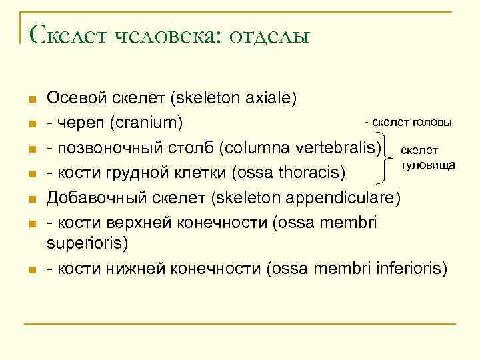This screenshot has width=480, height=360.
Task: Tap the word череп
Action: (81, 124)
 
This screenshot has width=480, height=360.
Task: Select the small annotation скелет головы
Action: (408, 123)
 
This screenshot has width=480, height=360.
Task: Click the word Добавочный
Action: (89, 199)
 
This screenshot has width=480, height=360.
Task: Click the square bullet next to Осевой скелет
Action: (31, 99)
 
